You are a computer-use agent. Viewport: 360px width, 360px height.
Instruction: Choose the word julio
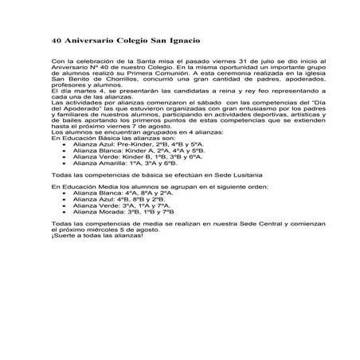245,64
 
